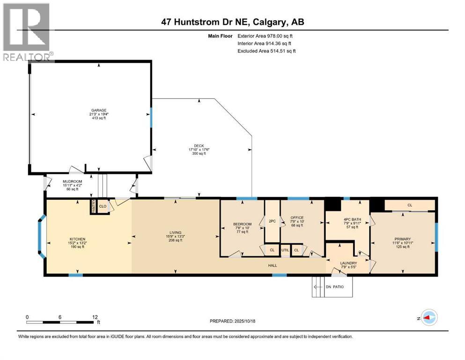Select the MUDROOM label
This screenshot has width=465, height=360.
(73, 181)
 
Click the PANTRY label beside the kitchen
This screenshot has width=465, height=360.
(93, 206)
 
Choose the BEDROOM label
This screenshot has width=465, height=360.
(242, 224)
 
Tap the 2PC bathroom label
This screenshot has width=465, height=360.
(272, 221)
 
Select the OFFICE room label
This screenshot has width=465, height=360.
(297, 217)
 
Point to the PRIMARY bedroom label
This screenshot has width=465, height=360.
(402, 238)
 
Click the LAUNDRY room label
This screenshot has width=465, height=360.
(348, 263)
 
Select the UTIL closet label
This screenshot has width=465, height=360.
(285, 250)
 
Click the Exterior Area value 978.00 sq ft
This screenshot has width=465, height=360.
(280, 36)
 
